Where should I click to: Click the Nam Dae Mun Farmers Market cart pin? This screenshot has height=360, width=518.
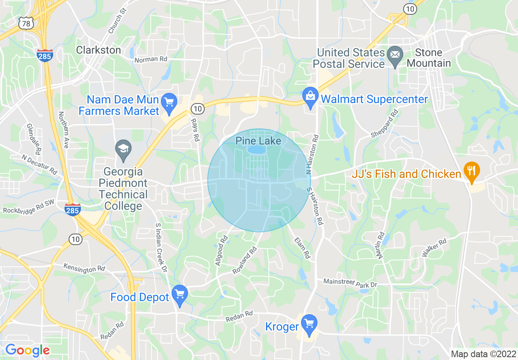[x=168, y=101]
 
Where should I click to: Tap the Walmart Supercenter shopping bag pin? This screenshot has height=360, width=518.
[x=310, y=97]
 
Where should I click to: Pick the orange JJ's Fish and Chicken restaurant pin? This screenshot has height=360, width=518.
[x=471, y=170]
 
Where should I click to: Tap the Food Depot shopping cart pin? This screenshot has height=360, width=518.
[x=179, y=294]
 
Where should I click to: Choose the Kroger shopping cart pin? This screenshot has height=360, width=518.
[x=310, y=323]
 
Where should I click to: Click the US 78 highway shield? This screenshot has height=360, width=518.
[x=26, y=24]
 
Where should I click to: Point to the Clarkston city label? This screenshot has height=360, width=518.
[x=98, y=50]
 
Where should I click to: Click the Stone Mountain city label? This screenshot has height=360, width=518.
[x=429, y=58]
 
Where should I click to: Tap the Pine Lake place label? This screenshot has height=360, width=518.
[x=258, y=141]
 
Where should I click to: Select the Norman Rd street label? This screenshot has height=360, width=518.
[x=151, y=59]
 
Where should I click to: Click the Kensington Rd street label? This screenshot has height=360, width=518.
[x=84, y=268]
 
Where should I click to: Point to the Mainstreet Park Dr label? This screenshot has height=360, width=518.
[x=350, y=283]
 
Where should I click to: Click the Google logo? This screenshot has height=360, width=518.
[x=27, y=350]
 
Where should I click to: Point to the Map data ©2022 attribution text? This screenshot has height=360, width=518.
[x=482, y=354]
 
